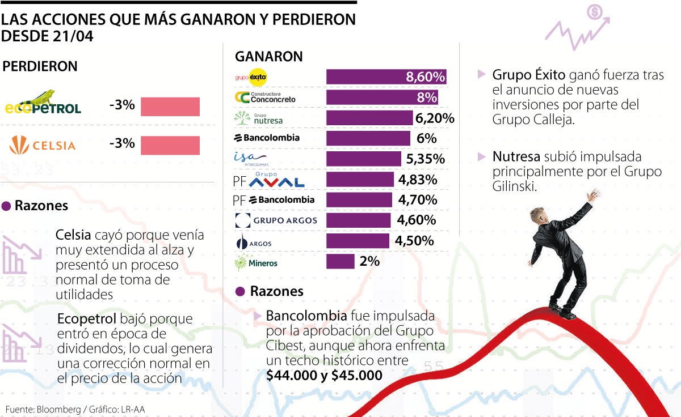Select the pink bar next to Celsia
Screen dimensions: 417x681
pos(170,145)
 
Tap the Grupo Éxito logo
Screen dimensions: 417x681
pos(250,77)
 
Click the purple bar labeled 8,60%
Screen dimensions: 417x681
pos(386,77)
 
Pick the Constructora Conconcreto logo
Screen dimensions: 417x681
pos(265,97)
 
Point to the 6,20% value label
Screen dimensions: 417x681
pos(435,118)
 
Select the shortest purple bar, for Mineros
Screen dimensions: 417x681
pos(340,261)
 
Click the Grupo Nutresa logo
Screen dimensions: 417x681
pos(258,118)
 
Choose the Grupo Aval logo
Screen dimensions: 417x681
pos(269,180)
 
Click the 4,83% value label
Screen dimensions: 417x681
pos(418,180)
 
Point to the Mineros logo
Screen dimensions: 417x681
pos(256,262)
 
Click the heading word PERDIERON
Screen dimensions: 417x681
pos(40,66)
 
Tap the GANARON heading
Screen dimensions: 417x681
pos(268,57)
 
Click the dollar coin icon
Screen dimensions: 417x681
pos(595,11)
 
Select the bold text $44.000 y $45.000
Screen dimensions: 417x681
pos(324,375)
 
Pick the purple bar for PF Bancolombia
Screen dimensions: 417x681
pos(359,200)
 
